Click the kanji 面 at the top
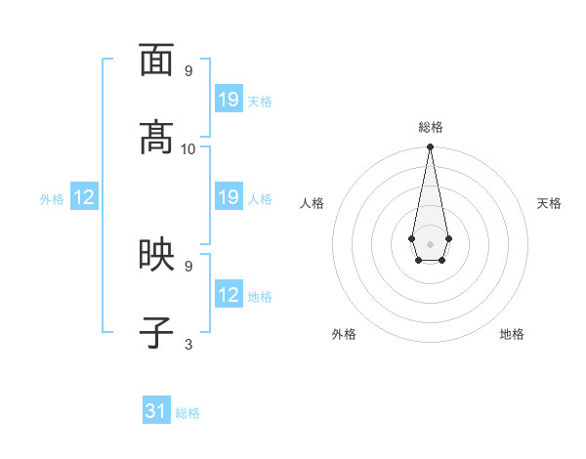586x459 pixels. [156, 61]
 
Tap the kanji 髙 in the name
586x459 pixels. [156, 138]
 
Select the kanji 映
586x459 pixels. [156, 255]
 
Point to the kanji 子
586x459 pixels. [156, 333]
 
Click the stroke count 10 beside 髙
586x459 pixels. [188, 148]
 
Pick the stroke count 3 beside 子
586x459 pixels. [188, 344]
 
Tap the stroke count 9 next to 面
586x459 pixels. [188, 71]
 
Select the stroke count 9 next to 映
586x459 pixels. [188, 266]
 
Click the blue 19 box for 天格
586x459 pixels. [229, 100]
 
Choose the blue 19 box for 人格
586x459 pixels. [229, 197]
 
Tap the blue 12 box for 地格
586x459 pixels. [229, 295]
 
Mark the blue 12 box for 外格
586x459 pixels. [84, 197]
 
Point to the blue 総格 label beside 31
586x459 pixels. [188, 413]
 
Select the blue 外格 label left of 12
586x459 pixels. [52, 199]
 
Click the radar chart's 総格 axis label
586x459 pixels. [431, 127]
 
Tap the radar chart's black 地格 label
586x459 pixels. [512, 334]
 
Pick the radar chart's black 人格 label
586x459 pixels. [312, 203]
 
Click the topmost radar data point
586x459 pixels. [430, 146]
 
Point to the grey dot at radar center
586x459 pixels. [430, 242]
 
